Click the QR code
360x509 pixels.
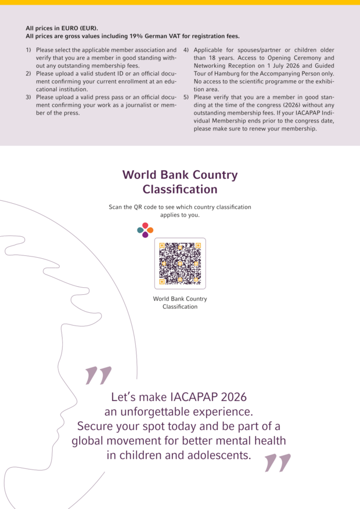pyautogui.click(x=180, y=263)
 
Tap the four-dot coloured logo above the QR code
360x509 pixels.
pyautogui.click(x=145, y=230)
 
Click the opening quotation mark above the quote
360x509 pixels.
pyautogui.click(x=98, y=376)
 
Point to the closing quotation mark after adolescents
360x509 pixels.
pyautogui.click(x=277, y=463)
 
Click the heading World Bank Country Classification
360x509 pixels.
pyautogui.click(x=180, y=182)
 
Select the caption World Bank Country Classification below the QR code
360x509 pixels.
pyautogui.click(x=180, y=302)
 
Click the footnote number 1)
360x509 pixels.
pyautogui.click(x=28, y=50)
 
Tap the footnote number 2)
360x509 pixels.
pyautogui.click(x=28, y=74)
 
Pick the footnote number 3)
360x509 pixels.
pyautogui.click(x=28, y=97)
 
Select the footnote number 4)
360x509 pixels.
pyautogui.click(x=186, y=50)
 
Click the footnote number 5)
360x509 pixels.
pyautogui.click(x=186, y=97)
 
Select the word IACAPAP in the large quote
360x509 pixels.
pyautogui.click(x=193, y=398)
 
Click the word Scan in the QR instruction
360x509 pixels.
pyautogui.click(x=116, y=207)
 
